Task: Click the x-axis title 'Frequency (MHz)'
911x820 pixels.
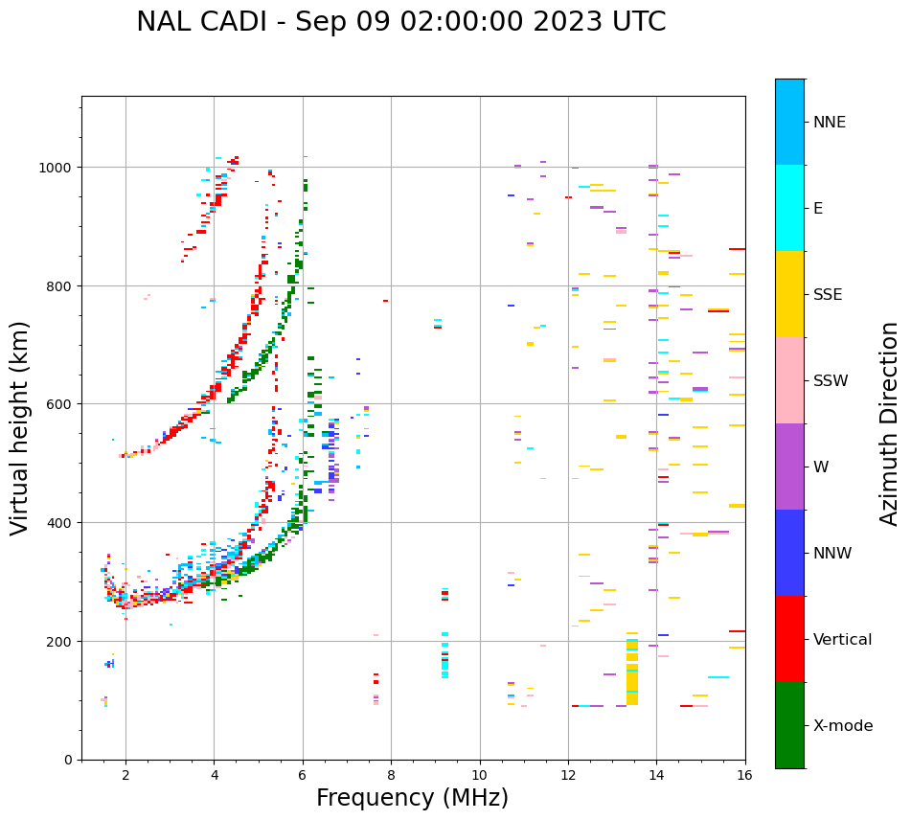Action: [x=412, y=798]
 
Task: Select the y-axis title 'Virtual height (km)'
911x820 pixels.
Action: [x=20, y=427]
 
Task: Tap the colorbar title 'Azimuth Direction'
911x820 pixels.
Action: [x=890, y=423]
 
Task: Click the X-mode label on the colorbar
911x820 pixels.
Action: [x=843, y=726]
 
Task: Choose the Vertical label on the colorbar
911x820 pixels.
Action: [x=842, y=640]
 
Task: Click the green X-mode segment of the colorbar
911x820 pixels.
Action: [x=789, y=725]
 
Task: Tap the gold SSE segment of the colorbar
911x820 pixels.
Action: [x=789, y=294]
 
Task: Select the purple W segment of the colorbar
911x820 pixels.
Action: [x=789, y=467]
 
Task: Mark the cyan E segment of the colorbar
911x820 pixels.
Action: [x=789, y=208]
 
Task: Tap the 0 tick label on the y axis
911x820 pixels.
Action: [x=67, y=760]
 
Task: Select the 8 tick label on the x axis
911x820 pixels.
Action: [x=391, y=777]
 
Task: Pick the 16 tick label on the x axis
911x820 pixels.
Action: [x=744, y=777]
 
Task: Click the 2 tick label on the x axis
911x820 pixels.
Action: [x=125, y=777]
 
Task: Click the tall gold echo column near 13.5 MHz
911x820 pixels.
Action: [x=632, y=671]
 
